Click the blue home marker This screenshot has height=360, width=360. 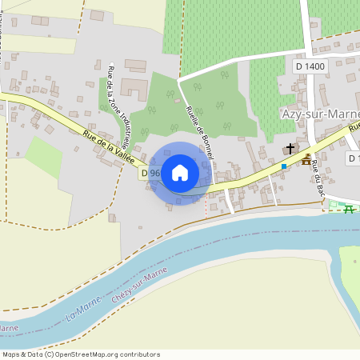pyautogui.click(x=180, y=172)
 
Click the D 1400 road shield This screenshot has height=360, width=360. pyautogui.click(x=310, y=66)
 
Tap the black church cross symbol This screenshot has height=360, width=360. pyautogui.click(x=290, y=149)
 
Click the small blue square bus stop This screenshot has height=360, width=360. pyautogui.click(x=283, y=166)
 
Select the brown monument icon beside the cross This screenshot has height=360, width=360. pyautogui.click(x=306, y=159)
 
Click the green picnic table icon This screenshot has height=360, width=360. pyautogui.click(x=349, y=210)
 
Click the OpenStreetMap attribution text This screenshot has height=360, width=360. pyautogui.click(x=81, y=354)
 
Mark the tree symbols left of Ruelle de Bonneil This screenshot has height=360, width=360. pyautogui.click(x=161, y=112)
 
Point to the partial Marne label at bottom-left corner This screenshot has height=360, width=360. pyautogui.click(x=8, y=328)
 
